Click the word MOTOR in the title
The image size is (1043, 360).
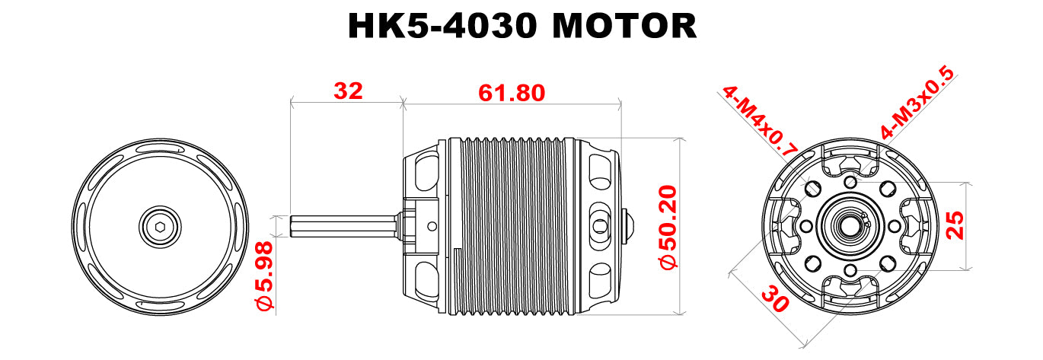tap(624, 27)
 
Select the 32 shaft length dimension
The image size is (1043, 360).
tap(349, 91)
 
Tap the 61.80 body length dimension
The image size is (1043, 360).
tap(512, 93)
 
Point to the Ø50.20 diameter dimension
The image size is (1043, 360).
tap(668, 226)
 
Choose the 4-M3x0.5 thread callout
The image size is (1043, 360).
tap(917, 104)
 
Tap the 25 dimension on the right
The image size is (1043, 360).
tap(955, 226)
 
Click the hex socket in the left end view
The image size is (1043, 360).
tap(161, 226)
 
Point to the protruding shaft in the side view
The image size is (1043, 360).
tap(343, 226)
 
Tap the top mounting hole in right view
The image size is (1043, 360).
tap(850, 181)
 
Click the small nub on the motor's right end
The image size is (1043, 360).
tap(629, 225)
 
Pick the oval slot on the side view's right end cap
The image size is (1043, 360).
tap(601, 225)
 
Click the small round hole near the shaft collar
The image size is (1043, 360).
tap(432, 225)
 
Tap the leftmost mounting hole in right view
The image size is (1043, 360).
tap(805, 226)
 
